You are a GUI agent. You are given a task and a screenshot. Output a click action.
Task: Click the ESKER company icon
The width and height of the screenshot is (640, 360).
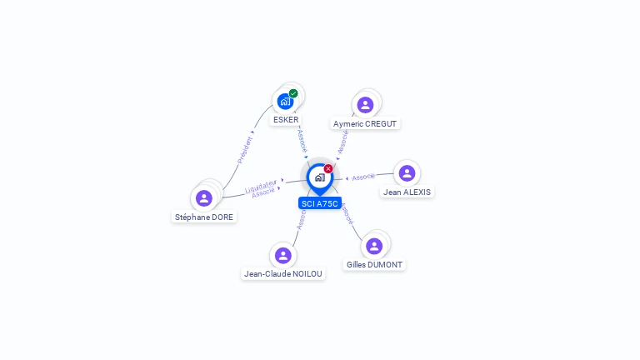coord(285,102)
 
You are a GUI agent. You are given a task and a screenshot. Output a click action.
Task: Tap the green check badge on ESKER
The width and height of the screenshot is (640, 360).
coord(293,93)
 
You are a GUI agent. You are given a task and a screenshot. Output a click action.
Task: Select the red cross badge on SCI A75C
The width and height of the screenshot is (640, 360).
coord(328,168)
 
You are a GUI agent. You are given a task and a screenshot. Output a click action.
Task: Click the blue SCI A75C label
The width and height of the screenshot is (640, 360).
coord(320,203)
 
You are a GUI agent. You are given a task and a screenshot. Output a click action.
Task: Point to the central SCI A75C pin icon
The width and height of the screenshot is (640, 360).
coord(319,177)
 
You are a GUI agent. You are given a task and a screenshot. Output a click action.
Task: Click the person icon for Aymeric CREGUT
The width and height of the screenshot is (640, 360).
coord(365,105)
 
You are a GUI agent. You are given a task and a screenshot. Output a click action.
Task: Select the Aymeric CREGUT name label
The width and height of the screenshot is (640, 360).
coord(365,123)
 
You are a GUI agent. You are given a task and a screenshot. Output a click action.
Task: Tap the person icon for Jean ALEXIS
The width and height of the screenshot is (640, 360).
coord(407,173)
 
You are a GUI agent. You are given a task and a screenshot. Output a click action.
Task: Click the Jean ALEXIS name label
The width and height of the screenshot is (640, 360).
coord(407,192)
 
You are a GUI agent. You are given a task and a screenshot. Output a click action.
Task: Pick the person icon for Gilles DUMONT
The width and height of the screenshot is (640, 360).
coord(374,246)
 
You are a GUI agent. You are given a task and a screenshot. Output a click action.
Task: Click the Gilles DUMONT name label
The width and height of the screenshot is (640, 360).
coord(375,265)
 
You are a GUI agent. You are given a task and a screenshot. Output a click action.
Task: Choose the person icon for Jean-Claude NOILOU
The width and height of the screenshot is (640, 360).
coord(283,255)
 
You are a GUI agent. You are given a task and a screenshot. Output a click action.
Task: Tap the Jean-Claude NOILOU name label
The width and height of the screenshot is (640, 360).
coord(283,273)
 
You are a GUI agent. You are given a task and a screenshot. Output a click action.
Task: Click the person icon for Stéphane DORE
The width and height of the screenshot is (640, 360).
coord(204,198)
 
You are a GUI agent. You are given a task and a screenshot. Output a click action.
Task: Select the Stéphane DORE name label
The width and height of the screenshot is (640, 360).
coord(204,217)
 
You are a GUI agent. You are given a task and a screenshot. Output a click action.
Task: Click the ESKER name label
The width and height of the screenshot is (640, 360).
coord(286,120)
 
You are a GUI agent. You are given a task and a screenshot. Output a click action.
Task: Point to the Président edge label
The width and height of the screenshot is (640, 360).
coord(244,148)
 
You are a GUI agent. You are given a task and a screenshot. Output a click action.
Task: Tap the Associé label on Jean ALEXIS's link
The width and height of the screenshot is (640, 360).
coord(363,177)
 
